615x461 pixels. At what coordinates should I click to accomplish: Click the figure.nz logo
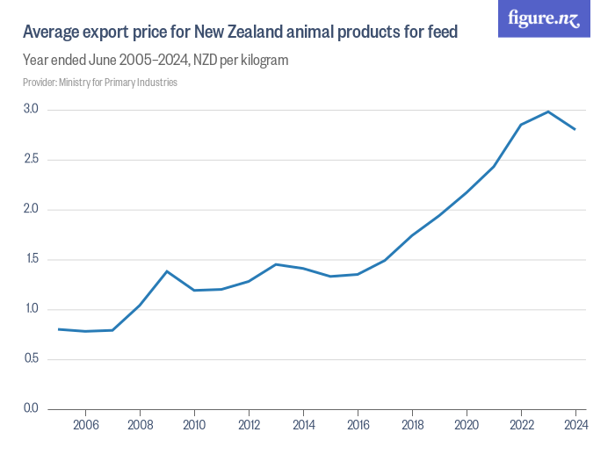click(544, 18)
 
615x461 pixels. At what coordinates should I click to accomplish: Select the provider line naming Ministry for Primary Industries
click(100, 83)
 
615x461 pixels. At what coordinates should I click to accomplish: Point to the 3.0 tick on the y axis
click(31, 109)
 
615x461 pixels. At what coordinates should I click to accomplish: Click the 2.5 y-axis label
click(31, 159)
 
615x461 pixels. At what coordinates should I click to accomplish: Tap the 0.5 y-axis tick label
click(31, 358)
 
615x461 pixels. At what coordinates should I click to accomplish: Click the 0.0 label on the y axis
click(31, 408)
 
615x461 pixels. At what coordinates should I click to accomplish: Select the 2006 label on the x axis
click(86, 425)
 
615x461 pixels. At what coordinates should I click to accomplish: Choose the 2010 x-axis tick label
click(194, 425)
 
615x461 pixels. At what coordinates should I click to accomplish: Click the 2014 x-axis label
click(304, 425)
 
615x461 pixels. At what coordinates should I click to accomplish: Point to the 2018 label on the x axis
click(413, 425)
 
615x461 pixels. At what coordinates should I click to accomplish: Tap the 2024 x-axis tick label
click(575, 425)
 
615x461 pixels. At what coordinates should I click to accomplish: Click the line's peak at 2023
click(548, 112)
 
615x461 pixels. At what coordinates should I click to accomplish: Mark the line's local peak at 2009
click(167, 271)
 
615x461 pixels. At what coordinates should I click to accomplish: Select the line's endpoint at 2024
click(575, 129)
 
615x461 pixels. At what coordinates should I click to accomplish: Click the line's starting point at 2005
click(59, 329)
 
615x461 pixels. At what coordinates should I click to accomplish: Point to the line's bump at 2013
click(276, 264)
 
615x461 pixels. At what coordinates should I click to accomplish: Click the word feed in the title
click(443, 32)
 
